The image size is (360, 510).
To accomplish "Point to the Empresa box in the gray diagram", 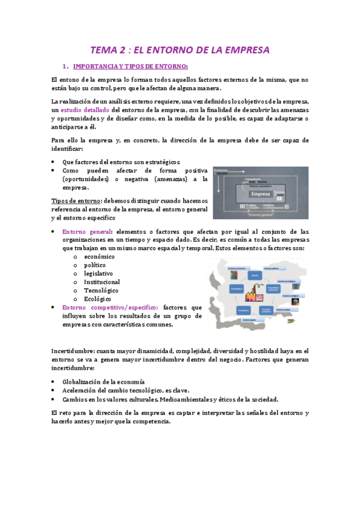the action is [260, 194].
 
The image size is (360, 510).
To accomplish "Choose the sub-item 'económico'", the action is [99, 256].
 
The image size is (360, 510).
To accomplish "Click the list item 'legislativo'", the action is [98, 273].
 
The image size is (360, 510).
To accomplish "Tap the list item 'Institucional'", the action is [102, 281].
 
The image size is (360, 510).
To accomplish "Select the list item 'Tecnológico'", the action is [100, 290].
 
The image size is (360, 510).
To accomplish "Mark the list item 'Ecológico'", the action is [97, 298].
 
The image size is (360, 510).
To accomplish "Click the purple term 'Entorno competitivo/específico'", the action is [110, 307].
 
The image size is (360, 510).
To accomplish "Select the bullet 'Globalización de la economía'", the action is [103, 381].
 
